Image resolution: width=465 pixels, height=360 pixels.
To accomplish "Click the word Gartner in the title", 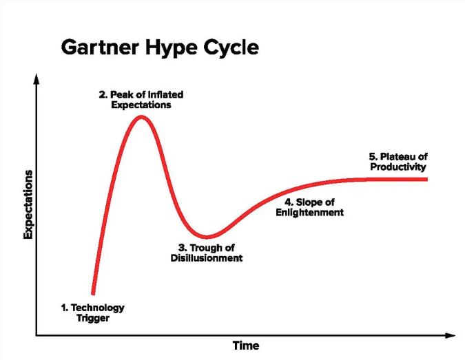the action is (100, 47).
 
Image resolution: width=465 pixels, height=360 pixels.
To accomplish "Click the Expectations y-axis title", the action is (28, 204).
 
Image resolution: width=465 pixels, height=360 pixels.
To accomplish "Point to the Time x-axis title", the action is (246, 346).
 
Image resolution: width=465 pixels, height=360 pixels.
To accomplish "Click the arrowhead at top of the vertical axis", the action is (37, 78).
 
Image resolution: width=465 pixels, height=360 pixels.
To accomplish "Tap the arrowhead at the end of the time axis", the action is (450, 335).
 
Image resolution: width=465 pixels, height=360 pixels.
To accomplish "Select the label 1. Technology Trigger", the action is (93, 313).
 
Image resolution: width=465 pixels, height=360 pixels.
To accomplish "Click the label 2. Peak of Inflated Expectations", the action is (141, 100).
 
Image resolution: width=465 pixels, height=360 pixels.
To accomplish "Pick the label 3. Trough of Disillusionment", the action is (207, 253).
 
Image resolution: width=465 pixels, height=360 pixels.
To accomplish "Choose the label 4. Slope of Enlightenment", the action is (309, 207).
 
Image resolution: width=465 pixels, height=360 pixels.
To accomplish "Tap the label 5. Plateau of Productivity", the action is (398, 162).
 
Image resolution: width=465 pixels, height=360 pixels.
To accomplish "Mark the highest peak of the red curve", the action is (141, 117).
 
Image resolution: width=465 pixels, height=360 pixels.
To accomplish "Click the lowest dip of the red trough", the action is (207, 237).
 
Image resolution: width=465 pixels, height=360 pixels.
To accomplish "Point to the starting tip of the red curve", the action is (93, 293).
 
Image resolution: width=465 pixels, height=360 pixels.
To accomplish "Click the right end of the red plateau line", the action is (426, 179).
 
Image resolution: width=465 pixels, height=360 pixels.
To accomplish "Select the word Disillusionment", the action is (207, 258).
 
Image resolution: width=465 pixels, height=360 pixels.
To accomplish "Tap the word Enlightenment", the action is (309, 213).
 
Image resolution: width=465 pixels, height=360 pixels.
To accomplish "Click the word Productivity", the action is (398, 167).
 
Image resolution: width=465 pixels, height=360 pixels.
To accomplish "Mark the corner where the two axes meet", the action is (37, 335).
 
